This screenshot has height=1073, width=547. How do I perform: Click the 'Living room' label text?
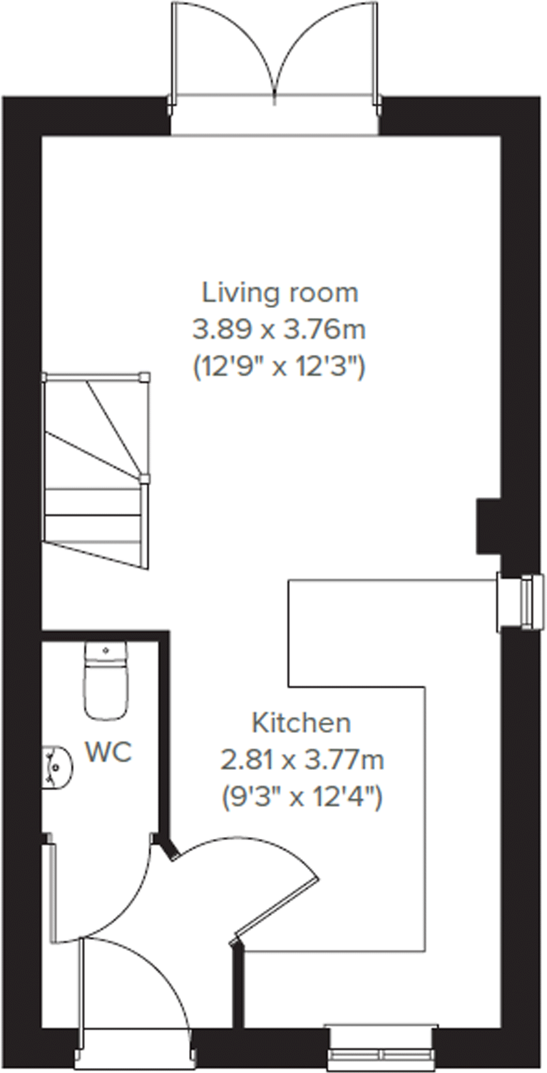pos(279,292)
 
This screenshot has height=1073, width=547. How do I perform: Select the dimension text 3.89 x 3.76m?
pos(279,329)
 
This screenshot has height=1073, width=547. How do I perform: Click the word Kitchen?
pos(301,723)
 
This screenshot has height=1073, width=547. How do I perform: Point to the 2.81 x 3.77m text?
pos(302,760)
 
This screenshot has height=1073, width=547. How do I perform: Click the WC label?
pos(109,752)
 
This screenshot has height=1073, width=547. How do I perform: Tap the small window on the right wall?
pos(529,601)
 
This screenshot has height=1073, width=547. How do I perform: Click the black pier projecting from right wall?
pos(488,526)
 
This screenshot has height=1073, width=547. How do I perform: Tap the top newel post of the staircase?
pos(145,377)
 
